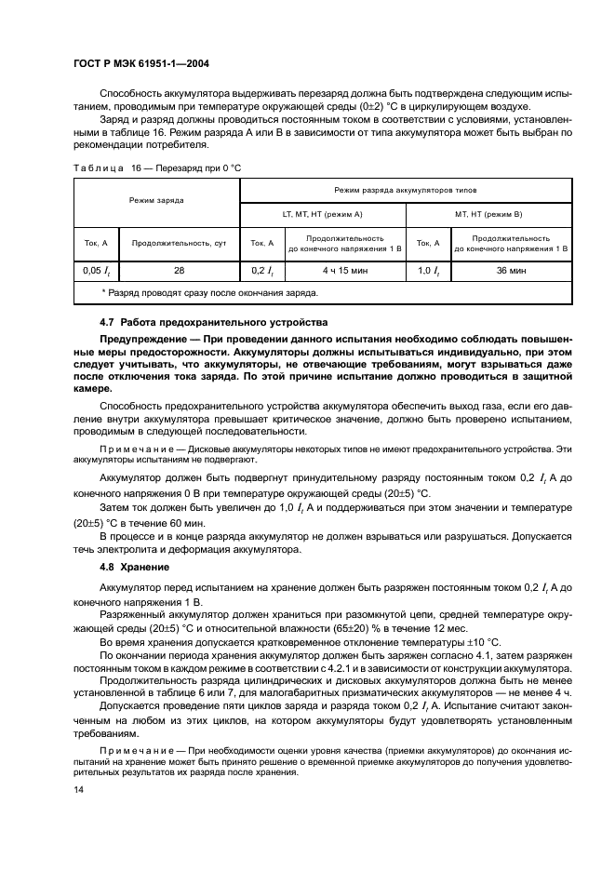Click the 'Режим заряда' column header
click(156, 200)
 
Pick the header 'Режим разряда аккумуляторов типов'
click(406, 189)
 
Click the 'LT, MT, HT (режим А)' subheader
click(322, 214)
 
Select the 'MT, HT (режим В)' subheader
click(488, 214)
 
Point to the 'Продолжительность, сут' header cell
click(179, 243)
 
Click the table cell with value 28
click(180, 270)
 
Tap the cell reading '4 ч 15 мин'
click(344, 270)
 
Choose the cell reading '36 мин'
click(511, 270)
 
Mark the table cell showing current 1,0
click(427, 270)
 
